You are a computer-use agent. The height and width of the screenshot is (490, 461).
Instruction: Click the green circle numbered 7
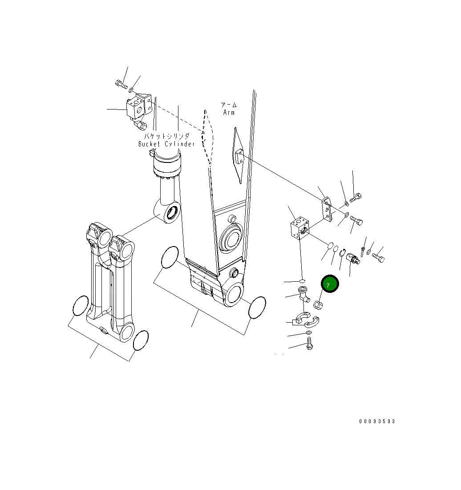(x=330, y=284)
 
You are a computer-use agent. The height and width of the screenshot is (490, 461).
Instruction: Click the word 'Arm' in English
(x=229, y=113)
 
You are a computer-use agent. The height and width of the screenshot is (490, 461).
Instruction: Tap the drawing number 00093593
(x=377, y=421)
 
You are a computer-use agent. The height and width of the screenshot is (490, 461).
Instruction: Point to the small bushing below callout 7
(x=318, y=305)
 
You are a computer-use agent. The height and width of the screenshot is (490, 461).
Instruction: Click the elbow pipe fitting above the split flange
(x=304, y=294)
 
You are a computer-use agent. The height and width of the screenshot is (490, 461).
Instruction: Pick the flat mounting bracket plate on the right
(x=327, y=209)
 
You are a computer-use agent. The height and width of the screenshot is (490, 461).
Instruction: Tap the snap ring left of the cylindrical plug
(x=343, y=253)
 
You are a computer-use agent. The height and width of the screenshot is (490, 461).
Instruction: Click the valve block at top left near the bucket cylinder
(x=134, y=109)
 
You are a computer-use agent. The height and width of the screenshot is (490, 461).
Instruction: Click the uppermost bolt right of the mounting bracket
(x=356, y=198)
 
